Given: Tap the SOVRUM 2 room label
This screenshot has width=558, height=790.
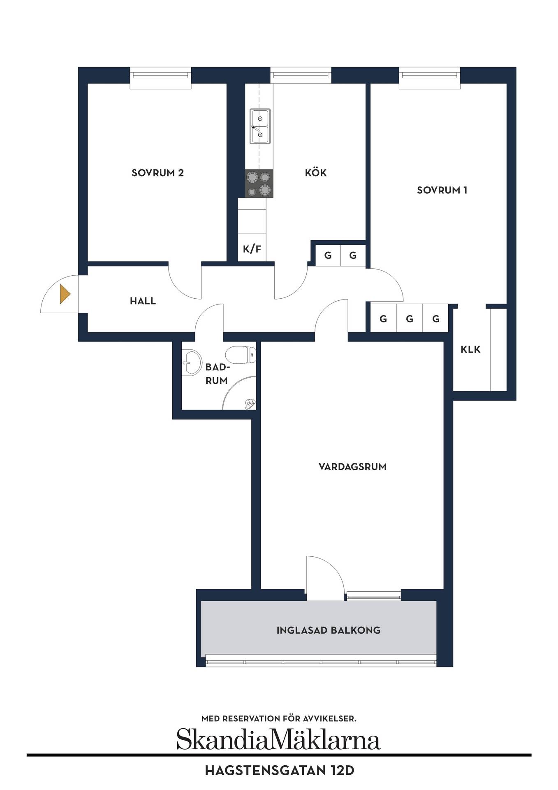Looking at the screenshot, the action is tap(157, 173).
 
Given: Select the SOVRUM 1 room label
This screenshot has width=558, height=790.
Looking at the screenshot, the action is tap(442, 190).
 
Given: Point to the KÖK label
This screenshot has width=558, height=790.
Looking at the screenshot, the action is tap(316, 172).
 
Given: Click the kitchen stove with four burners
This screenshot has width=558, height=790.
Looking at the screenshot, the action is tap(259, 184).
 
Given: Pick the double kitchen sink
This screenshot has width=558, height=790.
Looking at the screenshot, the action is tap(260, 127).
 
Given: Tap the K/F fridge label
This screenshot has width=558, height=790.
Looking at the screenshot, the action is tap(252, 249).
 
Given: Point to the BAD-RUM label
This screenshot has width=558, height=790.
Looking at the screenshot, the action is tap(217, 374).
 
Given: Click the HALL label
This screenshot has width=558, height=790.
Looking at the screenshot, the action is tap(143, 301).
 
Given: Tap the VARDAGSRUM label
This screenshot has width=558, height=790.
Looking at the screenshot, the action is tap(352, 467).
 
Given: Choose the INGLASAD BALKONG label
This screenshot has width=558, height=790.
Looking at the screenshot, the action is tap(328, 630).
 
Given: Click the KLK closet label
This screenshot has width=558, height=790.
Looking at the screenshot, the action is tap(470, 349).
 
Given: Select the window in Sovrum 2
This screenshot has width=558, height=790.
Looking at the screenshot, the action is tap(160, 78).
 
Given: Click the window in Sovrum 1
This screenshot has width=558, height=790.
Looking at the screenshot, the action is tap(429, 78).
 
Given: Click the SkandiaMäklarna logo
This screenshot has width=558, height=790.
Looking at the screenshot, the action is tap(278, 739).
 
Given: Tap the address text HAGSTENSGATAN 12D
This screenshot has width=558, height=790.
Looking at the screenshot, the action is tap(279, 770).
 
